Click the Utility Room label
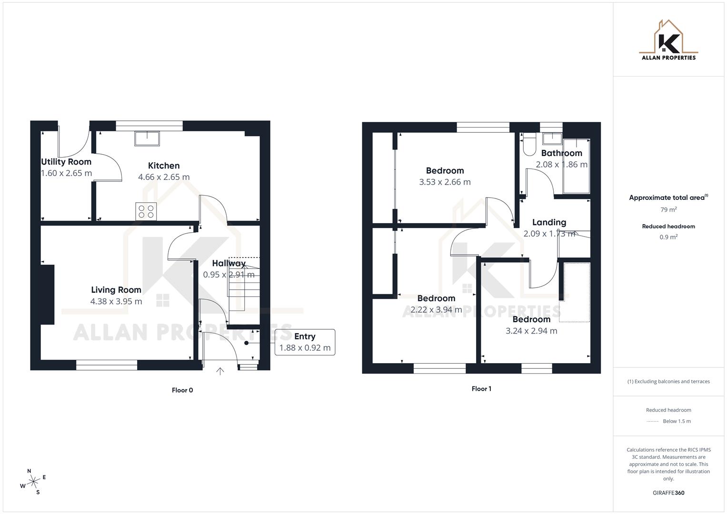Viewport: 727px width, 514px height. (x=66, y=162)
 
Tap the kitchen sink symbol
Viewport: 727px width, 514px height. (x=147, y=138)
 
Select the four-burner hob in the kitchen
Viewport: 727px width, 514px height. (x=146, y=211)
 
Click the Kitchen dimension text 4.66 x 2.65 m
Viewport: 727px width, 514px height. (x=164, y=177)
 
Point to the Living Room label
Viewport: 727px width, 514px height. (x=116, y=290)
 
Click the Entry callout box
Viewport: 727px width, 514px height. (x=305, y=342)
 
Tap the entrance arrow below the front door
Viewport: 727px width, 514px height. (x=220, y=371)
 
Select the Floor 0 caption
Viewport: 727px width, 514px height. (x=182, y=390)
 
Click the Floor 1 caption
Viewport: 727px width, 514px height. (x=481, y=389)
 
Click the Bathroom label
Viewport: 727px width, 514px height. (x=561, y=153)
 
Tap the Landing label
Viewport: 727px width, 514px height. (x=549, y=222)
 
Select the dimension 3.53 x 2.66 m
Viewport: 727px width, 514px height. (x=445, y=182)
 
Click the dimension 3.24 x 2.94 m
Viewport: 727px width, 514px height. (x=531, y=331)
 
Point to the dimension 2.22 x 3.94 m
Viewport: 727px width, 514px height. (x=436, y=310)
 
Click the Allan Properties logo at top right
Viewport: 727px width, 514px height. (x=668, y=40)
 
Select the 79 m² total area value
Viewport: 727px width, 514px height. (x=668, y=209)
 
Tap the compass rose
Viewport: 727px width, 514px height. (x=33, y=482)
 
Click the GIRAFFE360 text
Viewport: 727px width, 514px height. (x=668, y=493)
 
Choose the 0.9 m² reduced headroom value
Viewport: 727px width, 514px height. (x=668, y=237)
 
